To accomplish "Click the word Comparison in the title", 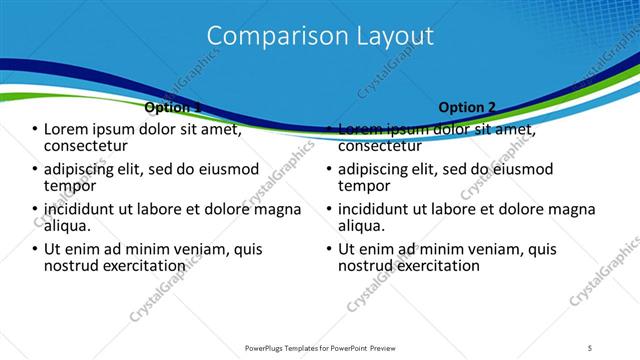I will tap(268, 36).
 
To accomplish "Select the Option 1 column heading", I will tap(173, 107).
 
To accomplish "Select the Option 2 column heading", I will tap(466, 107).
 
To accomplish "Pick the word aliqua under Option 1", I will tap(69, 226).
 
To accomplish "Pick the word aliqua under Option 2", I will tap(363, 226).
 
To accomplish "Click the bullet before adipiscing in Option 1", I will tap(35, 170).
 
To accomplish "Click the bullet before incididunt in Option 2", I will tap(329, 210).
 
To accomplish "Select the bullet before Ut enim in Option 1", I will tap(35, 250).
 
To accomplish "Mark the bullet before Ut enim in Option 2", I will tap(329, 250).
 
